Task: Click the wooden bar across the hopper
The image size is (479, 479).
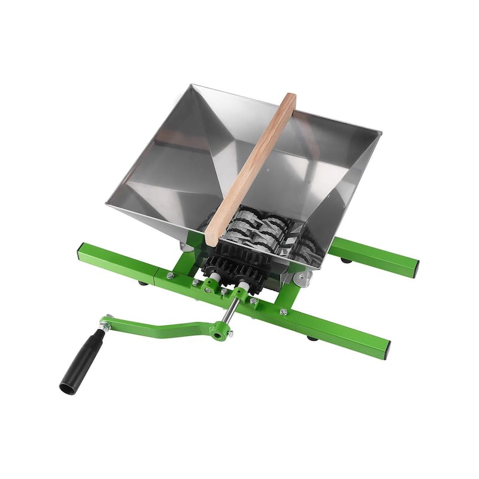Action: (251, 168)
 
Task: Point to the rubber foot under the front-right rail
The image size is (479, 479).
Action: (312, 338)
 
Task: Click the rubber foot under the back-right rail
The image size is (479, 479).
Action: (346, 260)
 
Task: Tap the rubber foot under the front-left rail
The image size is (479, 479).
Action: (143, 283)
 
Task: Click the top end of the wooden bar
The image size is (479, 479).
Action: (288, 99)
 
